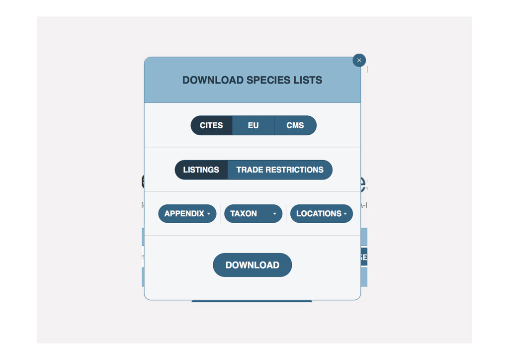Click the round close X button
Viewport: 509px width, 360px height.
click(x=359, y=60)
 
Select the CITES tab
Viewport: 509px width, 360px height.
click(x=211, y=125)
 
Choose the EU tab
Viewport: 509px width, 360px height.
click(x=253, y=125)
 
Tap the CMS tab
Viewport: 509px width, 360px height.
click(x=295, y=125)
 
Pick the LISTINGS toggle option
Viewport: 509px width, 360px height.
click(x=201, y=170)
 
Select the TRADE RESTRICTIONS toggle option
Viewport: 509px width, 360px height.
click(x=280, y=170)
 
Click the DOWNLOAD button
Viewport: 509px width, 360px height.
click(x=252, y=265)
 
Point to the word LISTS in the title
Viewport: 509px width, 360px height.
click(x=309, y=80)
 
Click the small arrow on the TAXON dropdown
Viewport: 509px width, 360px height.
click(x=274, y=214)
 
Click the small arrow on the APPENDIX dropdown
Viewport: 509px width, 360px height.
click(x=209, y=214)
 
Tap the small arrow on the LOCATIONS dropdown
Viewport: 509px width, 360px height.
click(x=345, y=214)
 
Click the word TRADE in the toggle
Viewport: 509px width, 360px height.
click(x=250, y=170)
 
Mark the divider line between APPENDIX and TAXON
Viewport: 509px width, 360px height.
click(x=220, y=213)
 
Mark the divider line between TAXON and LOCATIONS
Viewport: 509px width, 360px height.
click(x=286, y=213)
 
